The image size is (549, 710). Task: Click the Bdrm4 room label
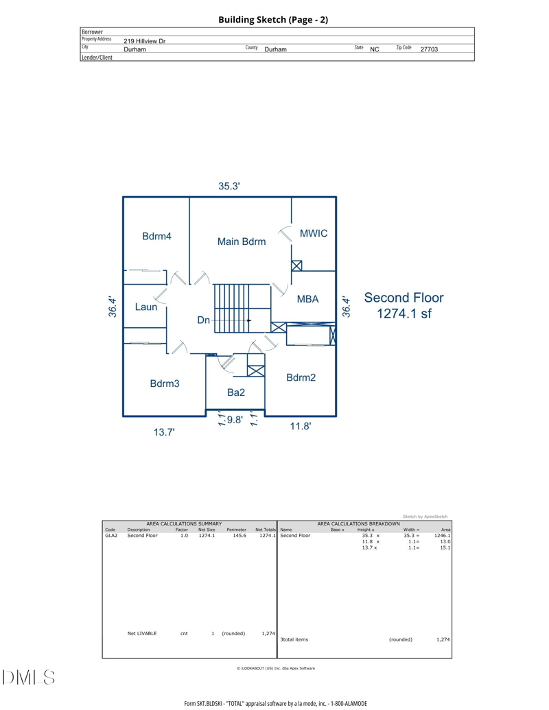tap(156, 236)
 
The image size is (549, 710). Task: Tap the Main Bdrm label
tap(242, 241)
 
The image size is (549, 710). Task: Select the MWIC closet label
tap(314, 233)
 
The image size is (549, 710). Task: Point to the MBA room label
tap(307, 299)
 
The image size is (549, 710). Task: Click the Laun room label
tap(146, 307)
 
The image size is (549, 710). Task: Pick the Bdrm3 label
tap(165, 383)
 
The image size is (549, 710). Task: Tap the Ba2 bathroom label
tap(236, 392)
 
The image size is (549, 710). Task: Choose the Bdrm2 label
tap(301, 378)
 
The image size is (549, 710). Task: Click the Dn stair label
tap(203, 320)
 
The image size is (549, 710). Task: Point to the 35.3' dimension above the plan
tap(229, 186)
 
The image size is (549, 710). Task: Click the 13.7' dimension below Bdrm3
tap(164, 432)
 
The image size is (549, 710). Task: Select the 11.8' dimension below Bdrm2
tap(301, 426)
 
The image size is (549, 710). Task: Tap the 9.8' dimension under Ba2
tap(235, 420)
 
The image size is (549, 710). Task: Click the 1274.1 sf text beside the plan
tap(404, 313)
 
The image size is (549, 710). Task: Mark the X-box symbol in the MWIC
tap(296, 265)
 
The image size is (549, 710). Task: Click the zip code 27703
tap(429, 49)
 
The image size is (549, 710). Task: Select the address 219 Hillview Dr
tap(145, 40)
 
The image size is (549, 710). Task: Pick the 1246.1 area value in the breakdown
tap(442, 536)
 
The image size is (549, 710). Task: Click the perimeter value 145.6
tap(240, 536)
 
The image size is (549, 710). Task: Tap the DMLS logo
tap(28, 677)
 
